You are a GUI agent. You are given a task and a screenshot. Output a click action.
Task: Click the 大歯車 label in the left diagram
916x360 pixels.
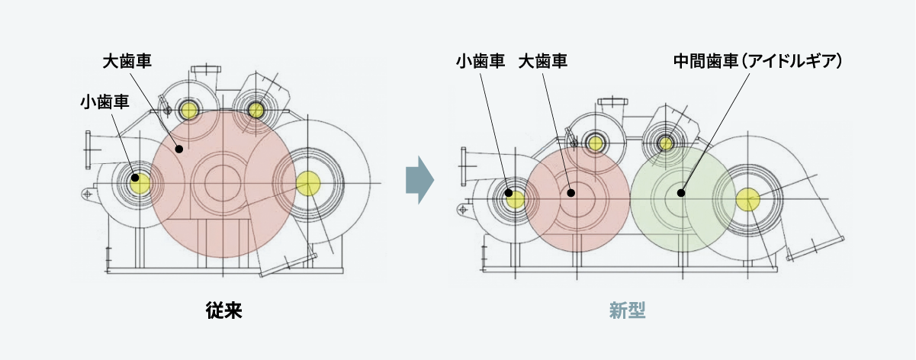coord(127,61)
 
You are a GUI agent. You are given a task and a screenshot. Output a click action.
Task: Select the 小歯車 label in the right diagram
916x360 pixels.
coord(480,61)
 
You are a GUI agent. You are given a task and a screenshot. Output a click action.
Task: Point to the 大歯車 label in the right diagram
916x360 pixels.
coord(542,61)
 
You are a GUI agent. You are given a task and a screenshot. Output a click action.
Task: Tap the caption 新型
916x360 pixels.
coord(628,310)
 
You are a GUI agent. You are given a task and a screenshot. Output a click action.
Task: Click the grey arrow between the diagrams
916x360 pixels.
coord(419,182)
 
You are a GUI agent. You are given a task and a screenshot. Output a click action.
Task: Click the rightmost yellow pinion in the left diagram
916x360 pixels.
coord(307,183)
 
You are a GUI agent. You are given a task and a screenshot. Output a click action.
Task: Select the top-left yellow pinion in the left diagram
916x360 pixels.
coord(188,111)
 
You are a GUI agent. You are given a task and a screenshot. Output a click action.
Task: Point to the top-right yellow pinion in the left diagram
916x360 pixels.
coord(256,111)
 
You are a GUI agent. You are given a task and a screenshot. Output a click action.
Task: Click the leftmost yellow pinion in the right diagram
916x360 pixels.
coord(515,200)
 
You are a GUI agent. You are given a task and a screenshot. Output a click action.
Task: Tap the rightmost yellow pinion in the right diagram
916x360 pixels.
coord(748,200)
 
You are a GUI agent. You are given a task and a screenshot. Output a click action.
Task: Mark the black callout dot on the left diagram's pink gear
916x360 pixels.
coord(180,149)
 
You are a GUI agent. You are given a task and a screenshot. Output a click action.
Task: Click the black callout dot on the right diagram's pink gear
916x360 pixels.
coord(570,193)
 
